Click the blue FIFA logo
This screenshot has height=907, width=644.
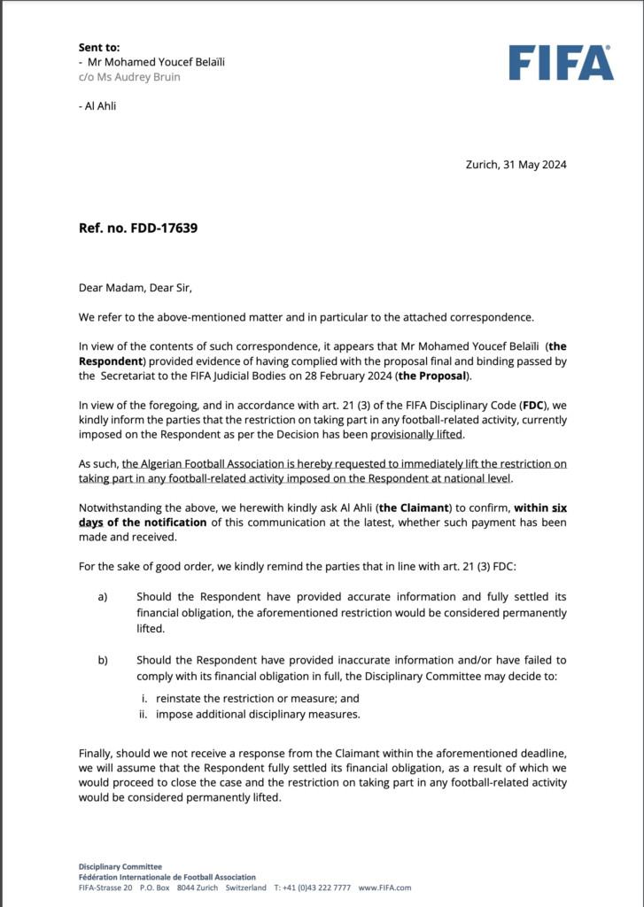tap(561, 62)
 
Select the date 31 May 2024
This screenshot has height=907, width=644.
tap(531, 164)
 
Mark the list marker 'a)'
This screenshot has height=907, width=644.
tap(103, 597)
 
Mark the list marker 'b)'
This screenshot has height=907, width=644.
tap(103, 660)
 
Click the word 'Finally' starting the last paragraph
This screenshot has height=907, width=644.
tap(97, 753)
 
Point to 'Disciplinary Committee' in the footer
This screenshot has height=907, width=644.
tap(120, 865)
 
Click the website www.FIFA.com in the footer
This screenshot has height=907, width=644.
tap(385, 887)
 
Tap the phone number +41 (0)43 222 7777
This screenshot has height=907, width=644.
tap(312, 887)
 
